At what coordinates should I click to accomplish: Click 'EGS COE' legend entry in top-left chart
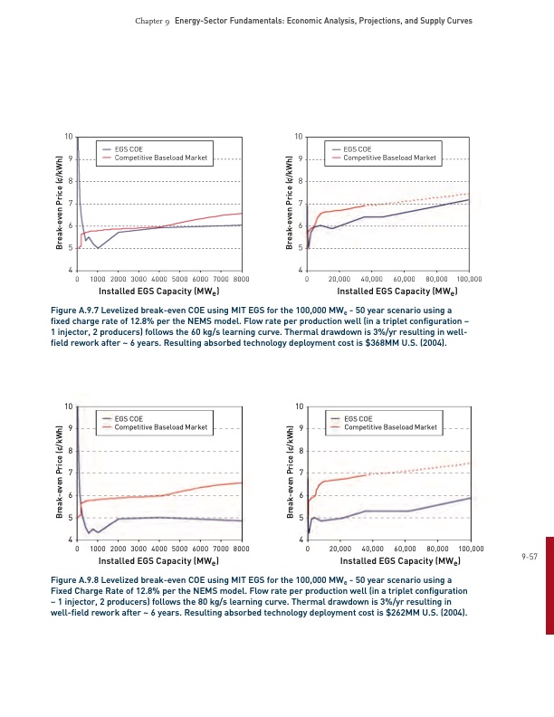(128, 149)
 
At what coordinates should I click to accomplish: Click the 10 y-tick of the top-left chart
(69, 137)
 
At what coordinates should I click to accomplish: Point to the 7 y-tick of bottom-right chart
(299, 473)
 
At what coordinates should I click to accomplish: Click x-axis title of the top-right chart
(389, 292)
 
